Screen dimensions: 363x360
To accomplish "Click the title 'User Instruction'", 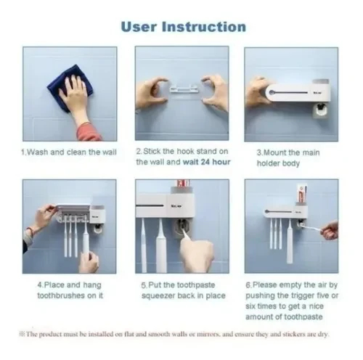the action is [184, 27].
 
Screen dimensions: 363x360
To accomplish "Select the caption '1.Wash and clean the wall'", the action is [69, 152].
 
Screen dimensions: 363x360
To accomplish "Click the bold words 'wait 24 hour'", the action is [206, 162].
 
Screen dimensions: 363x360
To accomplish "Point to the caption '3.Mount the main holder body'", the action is [288, 158].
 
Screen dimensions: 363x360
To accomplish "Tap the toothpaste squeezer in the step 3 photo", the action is [321, 111].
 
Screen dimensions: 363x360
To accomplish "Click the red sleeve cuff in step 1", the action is [89, 132].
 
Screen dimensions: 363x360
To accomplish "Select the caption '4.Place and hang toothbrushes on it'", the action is [70, 290].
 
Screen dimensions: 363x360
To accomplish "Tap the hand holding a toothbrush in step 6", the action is [330, 231].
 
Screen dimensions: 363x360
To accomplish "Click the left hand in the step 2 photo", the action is [151, 94].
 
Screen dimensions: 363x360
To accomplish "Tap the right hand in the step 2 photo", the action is [215, 92].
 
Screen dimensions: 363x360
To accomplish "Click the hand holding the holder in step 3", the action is [258, 93].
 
